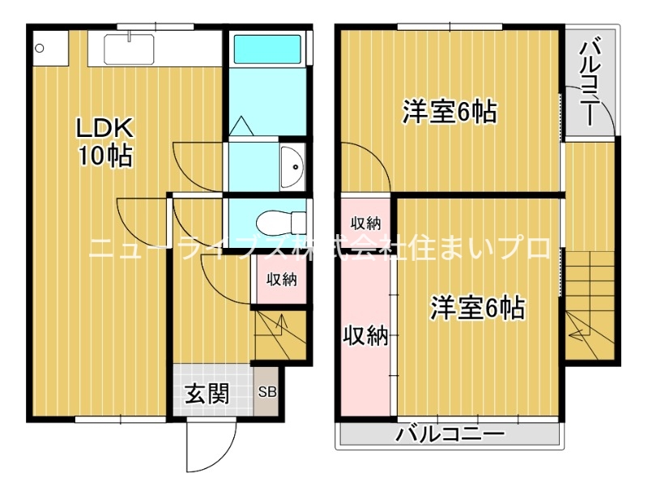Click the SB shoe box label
(x=267, y=392)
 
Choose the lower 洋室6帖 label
(x=477, y=307)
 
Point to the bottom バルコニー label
(x=450, y=435)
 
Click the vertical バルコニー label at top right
(x=590, y=79)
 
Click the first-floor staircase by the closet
(x=281, y=332)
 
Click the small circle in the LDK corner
(x=39, y=48)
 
